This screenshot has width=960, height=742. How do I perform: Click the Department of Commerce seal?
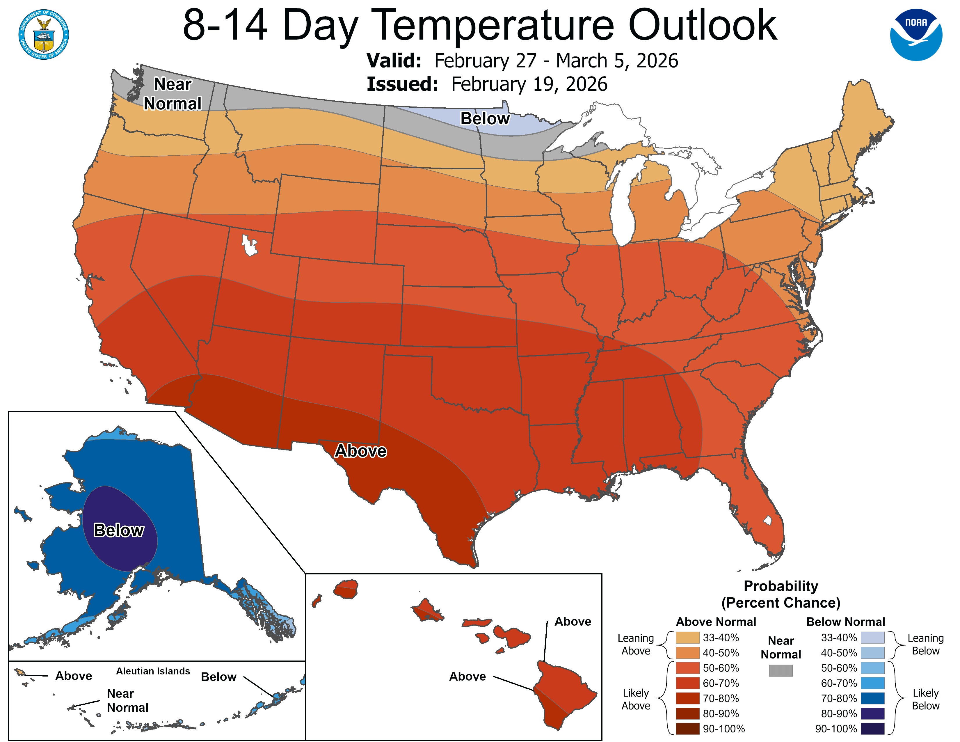44,34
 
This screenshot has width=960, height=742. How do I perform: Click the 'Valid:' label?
394,61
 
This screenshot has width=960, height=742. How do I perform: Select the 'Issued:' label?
402,84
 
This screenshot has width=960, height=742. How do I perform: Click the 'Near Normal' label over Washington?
172,94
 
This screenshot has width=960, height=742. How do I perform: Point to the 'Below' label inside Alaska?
119,530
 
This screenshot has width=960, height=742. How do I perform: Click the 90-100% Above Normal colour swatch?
687,729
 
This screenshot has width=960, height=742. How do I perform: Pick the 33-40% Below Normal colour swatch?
872,637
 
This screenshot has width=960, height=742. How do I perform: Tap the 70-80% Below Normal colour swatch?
872,698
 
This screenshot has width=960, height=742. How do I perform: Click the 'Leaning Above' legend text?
636,645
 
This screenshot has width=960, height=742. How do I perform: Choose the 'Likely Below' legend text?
925,699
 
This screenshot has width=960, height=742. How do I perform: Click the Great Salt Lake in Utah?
249,245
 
